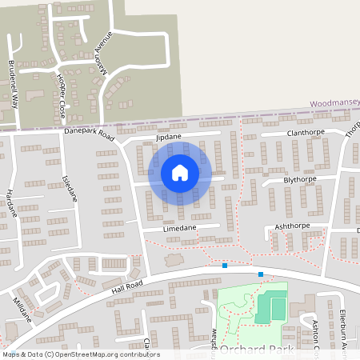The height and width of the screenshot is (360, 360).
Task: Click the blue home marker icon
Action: [x=180, y=172]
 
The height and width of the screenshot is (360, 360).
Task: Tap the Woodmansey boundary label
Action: [x=334, y=103]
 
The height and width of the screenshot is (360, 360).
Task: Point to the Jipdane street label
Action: [x=169, y=137]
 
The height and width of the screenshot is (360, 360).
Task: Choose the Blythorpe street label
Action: [x=300, y=180]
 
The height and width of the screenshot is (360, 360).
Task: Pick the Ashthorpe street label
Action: [x=291, y=227]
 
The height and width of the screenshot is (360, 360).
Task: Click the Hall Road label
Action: [x=127, y=286]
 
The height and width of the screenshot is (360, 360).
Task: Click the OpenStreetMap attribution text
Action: [x=81, y=354]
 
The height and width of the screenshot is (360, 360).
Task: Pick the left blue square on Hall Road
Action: [x=225, y=266]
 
